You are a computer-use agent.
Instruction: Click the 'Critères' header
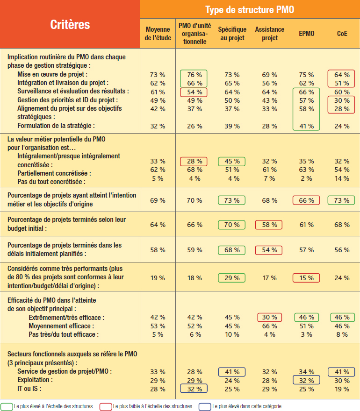70,25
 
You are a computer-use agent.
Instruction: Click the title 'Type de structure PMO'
250,10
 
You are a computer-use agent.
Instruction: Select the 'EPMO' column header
307,34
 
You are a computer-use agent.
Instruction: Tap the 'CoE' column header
342,34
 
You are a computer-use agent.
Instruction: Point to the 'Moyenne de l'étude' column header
158,34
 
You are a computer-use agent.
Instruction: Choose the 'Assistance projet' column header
269,34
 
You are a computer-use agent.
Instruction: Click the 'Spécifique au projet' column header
232,34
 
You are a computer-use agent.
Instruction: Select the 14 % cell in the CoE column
342,178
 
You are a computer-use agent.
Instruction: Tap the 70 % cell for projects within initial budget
232,225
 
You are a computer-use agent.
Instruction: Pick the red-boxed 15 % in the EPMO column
306,278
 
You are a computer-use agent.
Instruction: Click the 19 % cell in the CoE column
342,389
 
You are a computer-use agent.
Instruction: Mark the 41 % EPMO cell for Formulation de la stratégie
307,127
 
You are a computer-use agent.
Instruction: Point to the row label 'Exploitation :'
35,380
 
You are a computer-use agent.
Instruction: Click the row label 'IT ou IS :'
29,389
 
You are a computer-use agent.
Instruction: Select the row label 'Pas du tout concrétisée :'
51,182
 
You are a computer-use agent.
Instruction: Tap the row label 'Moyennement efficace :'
61,326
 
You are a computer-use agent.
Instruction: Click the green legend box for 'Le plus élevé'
7,406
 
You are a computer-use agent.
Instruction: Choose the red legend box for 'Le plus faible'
106,406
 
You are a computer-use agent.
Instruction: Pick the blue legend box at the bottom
205,406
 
